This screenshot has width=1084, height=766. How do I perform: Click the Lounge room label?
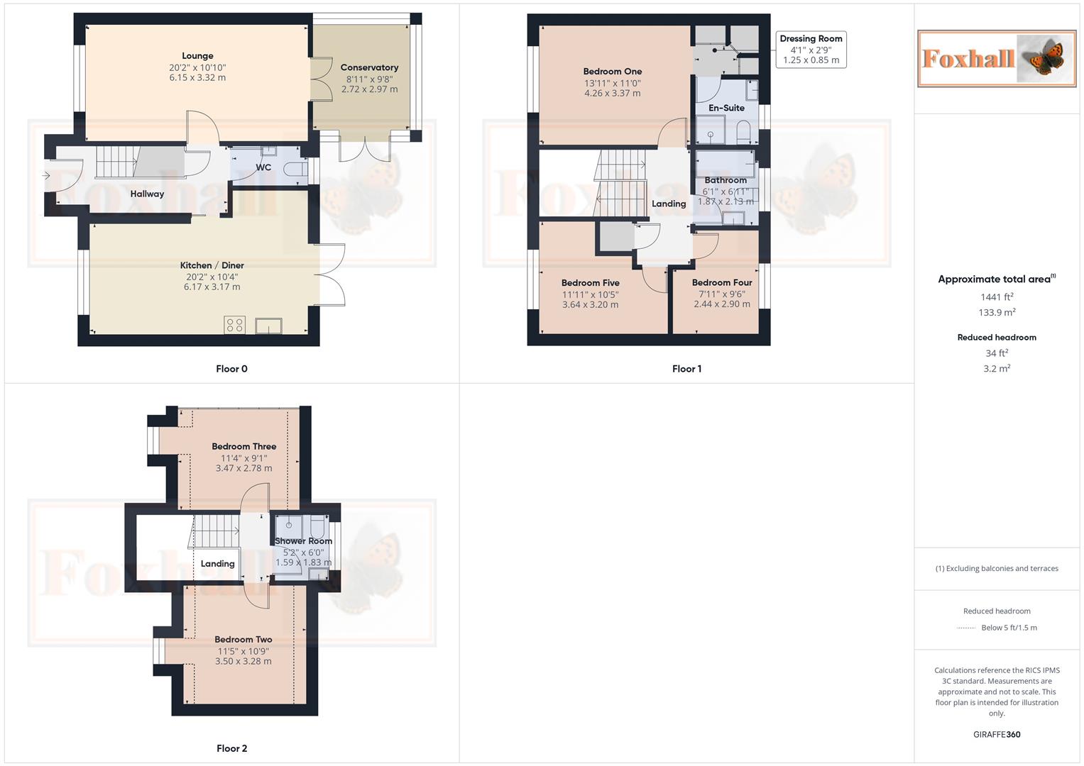coord(197,56)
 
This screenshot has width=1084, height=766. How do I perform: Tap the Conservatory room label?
coord(369,67)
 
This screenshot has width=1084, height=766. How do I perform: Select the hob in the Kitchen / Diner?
coord(235,325)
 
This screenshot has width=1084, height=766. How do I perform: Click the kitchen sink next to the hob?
coord(269,326)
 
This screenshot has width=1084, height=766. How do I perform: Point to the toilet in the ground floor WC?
coord(295,170)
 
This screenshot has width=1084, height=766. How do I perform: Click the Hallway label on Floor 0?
coord(147,194)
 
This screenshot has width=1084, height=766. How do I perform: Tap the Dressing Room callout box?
coord(811,49)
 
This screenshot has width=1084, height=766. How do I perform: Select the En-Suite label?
coord(726,108)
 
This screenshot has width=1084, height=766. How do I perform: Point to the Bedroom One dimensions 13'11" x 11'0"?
coord(612,83)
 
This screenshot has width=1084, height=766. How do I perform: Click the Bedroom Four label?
coord(721,282)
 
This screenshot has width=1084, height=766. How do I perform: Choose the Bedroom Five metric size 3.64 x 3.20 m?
coord(590,305)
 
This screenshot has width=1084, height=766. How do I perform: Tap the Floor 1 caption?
coord(686,369)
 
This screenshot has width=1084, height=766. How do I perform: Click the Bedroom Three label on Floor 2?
coord(243,446)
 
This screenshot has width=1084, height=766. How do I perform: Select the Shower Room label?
coord(303,541)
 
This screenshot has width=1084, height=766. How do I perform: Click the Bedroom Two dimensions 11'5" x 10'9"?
coord(243,651)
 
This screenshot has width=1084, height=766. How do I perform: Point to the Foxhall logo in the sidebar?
coord(997,58)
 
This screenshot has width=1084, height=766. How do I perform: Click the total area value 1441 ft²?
coord(997,297)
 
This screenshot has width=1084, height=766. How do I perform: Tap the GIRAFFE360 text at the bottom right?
coord(997,735)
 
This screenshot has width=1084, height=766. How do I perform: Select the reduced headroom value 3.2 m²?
coord(997,369)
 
